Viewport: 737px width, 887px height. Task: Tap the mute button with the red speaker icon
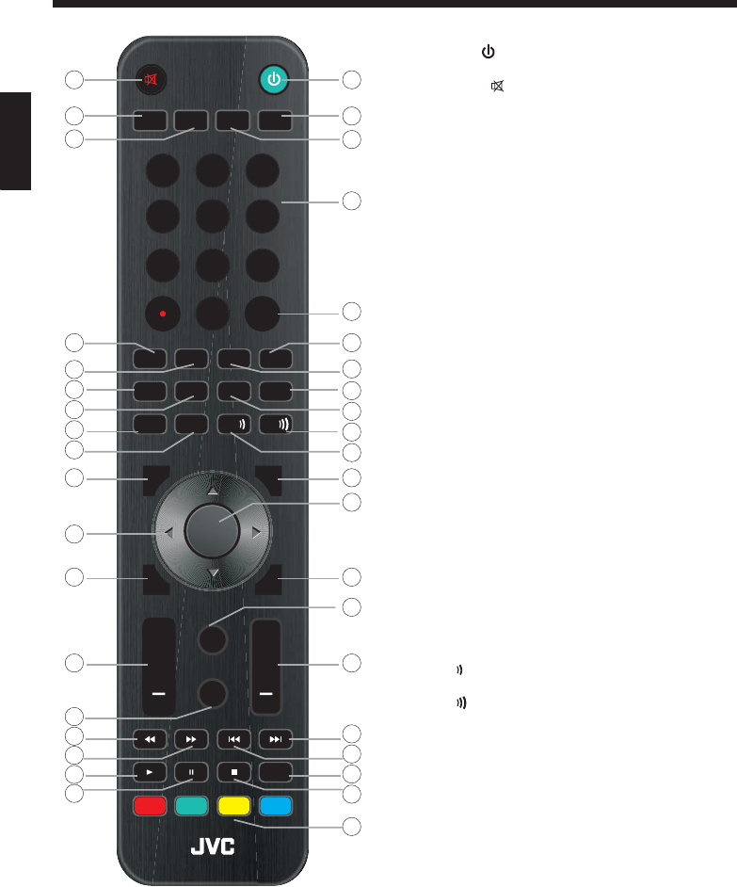pyautogui.click(x=150, y=80)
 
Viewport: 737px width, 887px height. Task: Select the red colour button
pyautogui.click(x=150, y=806)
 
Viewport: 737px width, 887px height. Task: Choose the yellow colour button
pyautogui.click(x=233, y=806)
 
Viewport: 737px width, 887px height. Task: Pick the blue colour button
pyautogui.click(x=276, y=806)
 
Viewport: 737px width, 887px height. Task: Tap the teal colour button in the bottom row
pyautogui.click(x=192, y=806)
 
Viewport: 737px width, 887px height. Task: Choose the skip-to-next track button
pyautogui.click(x=276, y=738)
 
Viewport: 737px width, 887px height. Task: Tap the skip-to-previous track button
pyautogui.click(x=233, y=738)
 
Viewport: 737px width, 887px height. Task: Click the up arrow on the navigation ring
pyautogui.click(x=213, y=492)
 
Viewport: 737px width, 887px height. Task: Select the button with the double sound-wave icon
pyautogui.click(x=276, y=424)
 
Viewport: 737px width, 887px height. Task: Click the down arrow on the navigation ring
pyautogui.click(x=213, y=573)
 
